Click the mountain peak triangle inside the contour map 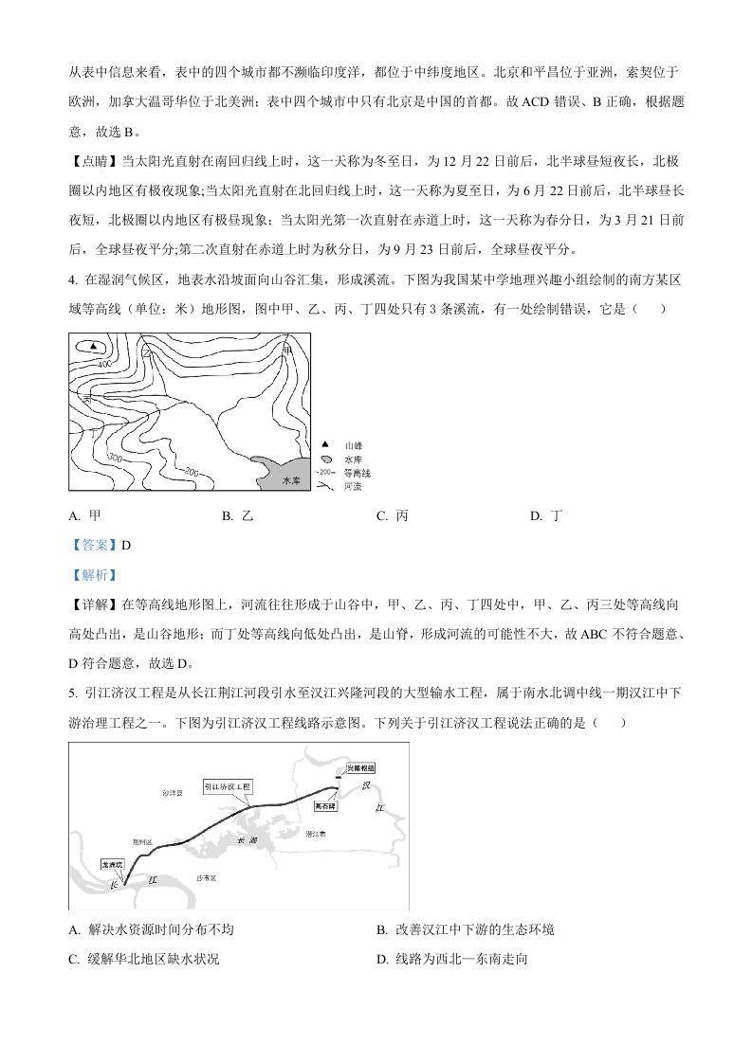pyautogui.click(x=93, y=347)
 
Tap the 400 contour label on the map pyautogui.click(x=103, y=365)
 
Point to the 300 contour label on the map pyautogui.click(x=117, y=459)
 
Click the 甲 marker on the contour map pyautogui.click(x=287, y=350)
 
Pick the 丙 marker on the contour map pyautogui.click(x=86, y=401)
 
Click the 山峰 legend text pyautogui.click(x=354, y=444)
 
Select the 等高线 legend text pyautogui.click(x=358, y=472)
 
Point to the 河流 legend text pyautogui.click(x=354, y=485)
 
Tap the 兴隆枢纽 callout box pyautogui.click(x=359, y=767)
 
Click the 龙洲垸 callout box pyautogui.click(x=114, y=865)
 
